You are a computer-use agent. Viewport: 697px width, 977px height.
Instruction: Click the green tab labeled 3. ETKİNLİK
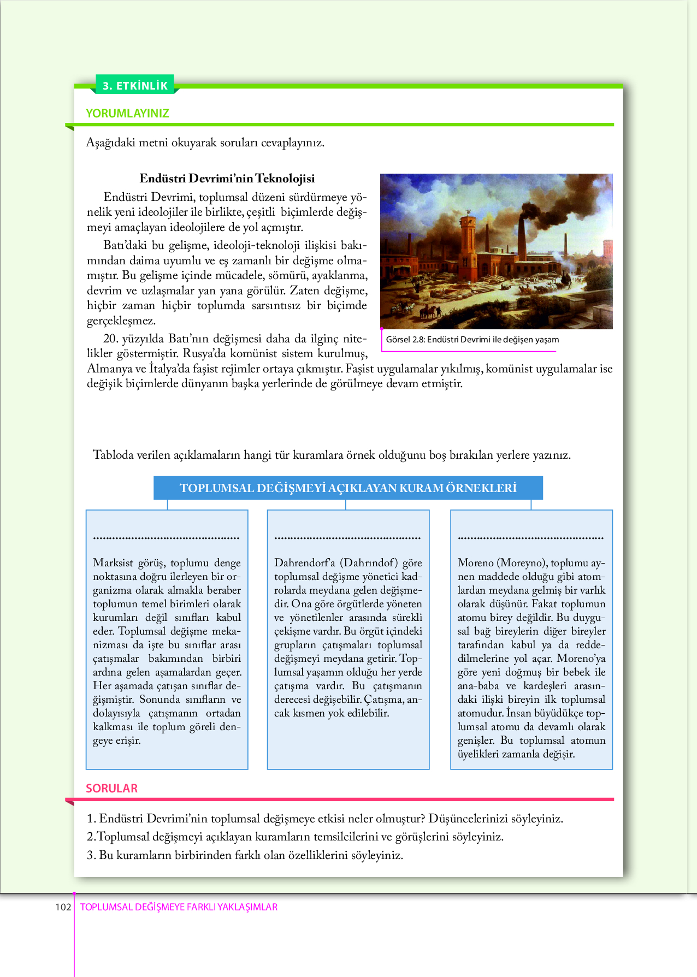(x=135, y=85)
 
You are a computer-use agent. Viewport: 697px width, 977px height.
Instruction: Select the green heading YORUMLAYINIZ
(x=127, y=114)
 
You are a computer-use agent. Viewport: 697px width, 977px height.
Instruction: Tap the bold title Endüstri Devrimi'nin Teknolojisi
(x=227, y=179)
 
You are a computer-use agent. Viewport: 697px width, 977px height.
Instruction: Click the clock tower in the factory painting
(x=468, y=240)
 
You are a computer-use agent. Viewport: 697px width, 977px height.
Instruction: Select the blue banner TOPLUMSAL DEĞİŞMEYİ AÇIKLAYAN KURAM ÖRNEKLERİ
(x=348, y=488)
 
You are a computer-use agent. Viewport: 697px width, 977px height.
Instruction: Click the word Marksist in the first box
(x=113, y=563)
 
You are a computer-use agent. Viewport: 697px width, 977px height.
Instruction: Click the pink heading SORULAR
(x=111, y=789)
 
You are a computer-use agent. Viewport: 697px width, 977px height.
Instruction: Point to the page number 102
(x=63, y=907)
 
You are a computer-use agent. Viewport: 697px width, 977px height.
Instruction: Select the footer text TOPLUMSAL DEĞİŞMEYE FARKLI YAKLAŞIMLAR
(x=179, y=907)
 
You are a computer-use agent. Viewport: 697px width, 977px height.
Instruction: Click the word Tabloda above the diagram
(x=113, y=455)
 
